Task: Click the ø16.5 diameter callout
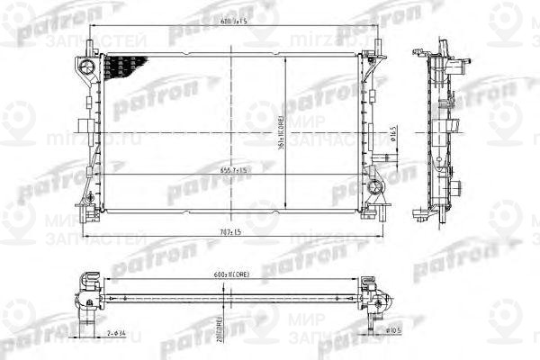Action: coord(395,135)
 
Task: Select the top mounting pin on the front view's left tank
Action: coord(91,45)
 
